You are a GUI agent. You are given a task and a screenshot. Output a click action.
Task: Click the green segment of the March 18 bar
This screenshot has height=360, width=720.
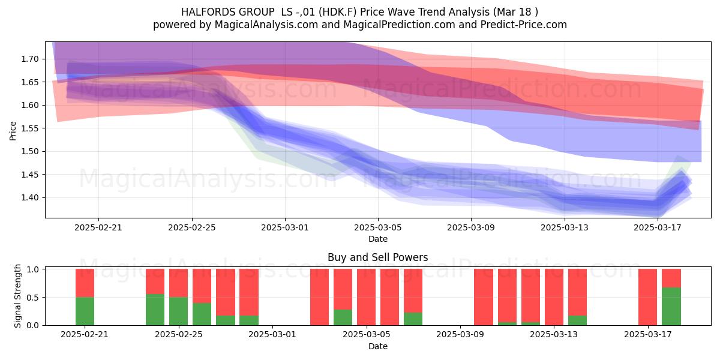[671, 307]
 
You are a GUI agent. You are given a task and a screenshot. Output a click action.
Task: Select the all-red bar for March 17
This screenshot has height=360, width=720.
[647, 297]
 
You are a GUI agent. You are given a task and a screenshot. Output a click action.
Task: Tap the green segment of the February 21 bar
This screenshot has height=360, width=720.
[85, 311]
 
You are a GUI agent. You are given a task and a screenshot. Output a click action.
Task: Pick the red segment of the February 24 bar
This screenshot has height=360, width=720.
[155, 281]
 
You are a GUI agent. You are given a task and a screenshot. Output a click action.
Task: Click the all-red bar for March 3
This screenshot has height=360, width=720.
[319, 297]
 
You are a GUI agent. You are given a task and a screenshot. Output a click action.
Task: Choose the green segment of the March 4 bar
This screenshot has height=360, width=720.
[343, 317]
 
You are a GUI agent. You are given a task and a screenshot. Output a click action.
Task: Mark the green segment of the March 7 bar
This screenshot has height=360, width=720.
[413, 319]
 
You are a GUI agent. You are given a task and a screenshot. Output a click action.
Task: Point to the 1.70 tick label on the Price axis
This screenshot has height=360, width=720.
[30, 59]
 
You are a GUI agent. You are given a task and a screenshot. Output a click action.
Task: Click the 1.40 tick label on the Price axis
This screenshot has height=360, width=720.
[30, 197]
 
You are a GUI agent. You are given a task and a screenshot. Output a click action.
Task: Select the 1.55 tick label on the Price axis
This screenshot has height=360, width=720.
[30, 128]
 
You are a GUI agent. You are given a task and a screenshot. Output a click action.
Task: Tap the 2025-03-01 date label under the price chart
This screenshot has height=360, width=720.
[285, 227]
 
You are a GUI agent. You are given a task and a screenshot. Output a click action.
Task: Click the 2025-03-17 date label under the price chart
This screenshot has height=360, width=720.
[658, 227]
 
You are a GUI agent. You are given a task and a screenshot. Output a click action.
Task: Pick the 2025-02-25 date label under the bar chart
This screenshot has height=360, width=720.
[179, 335]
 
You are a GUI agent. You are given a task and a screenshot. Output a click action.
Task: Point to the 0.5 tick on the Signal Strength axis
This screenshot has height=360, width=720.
[32, 298]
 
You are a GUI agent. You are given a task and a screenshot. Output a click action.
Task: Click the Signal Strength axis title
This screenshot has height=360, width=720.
[17, 296]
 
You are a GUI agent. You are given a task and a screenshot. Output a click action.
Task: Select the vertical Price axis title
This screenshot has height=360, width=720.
[13, 131]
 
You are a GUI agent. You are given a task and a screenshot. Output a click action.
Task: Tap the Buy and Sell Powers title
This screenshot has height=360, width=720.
[377, 257]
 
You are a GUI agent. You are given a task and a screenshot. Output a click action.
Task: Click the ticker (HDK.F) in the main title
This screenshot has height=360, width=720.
[338, 12]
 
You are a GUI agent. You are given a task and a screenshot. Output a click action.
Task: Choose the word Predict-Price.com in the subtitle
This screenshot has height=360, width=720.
[524, 25]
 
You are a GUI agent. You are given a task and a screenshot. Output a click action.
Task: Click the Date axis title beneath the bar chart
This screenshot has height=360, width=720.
[377, 347]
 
